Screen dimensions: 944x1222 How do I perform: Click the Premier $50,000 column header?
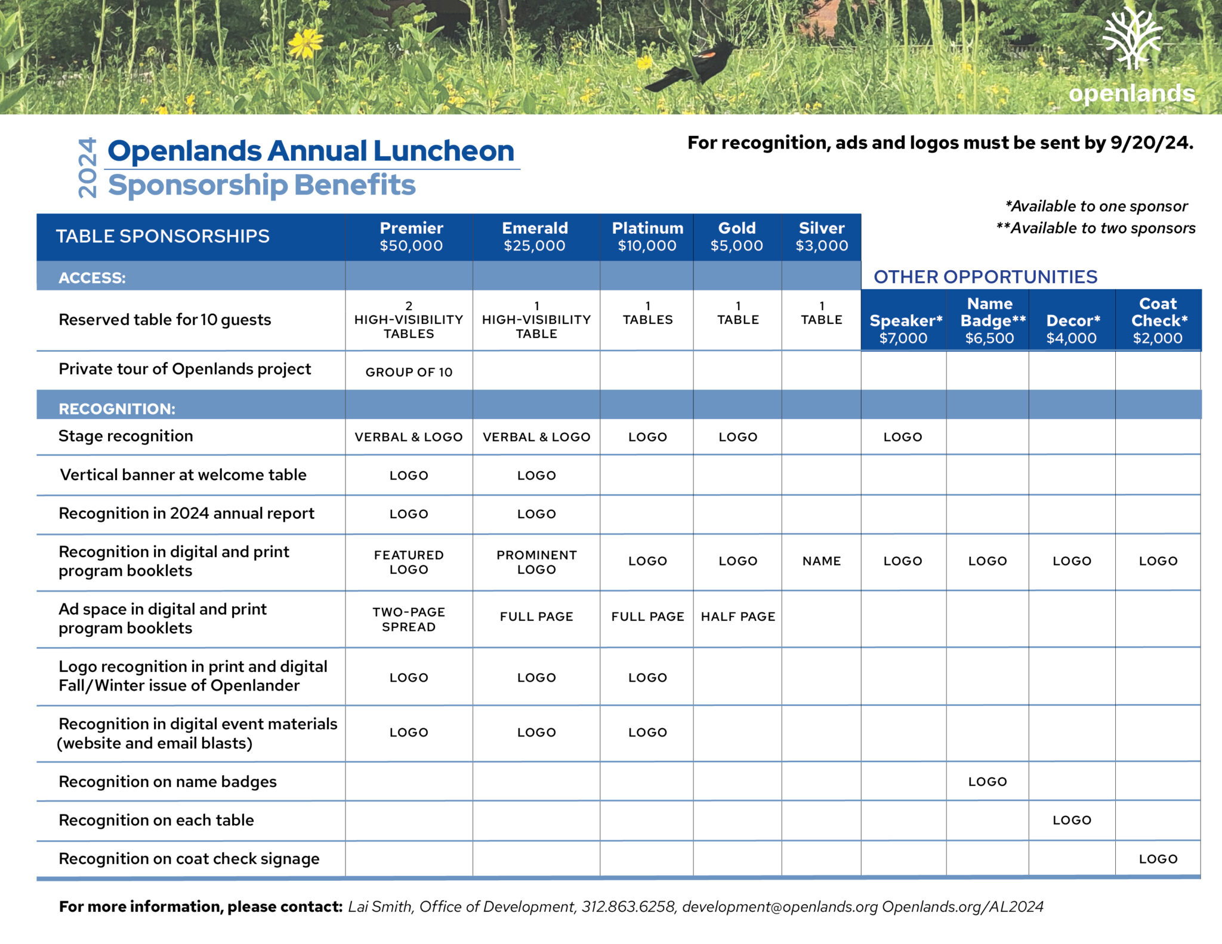coord(411,237)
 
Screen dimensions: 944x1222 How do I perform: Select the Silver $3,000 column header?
coord(821,237)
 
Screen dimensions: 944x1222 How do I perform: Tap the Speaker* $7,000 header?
coord(904,329)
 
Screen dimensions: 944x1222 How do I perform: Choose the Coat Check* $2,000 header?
coord(1158,321)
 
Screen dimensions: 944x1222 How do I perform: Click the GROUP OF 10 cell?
coord(409,372)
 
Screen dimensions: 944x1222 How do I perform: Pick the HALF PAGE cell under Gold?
coord(737,617)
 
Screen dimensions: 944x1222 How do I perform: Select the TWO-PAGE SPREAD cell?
coord(409,619)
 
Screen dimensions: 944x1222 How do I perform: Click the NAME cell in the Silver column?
coord(821,561)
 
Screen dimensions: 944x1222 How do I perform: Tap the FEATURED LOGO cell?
coord(409,562)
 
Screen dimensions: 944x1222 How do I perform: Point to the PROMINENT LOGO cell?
coord(536,562)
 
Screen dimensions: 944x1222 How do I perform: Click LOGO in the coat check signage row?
coord(1158,859)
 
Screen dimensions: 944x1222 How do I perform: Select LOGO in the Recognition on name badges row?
coord(987,782)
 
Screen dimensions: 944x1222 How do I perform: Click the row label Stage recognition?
coord(126,436)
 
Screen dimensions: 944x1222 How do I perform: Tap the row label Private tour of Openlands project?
coord(184,369)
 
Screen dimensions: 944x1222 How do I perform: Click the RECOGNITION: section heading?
coord(117,408)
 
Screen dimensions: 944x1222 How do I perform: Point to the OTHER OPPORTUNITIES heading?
coord(985,277)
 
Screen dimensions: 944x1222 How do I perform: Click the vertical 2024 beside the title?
coord(87,168)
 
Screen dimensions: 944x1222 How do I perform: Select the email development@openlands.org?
coord(779,906)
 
